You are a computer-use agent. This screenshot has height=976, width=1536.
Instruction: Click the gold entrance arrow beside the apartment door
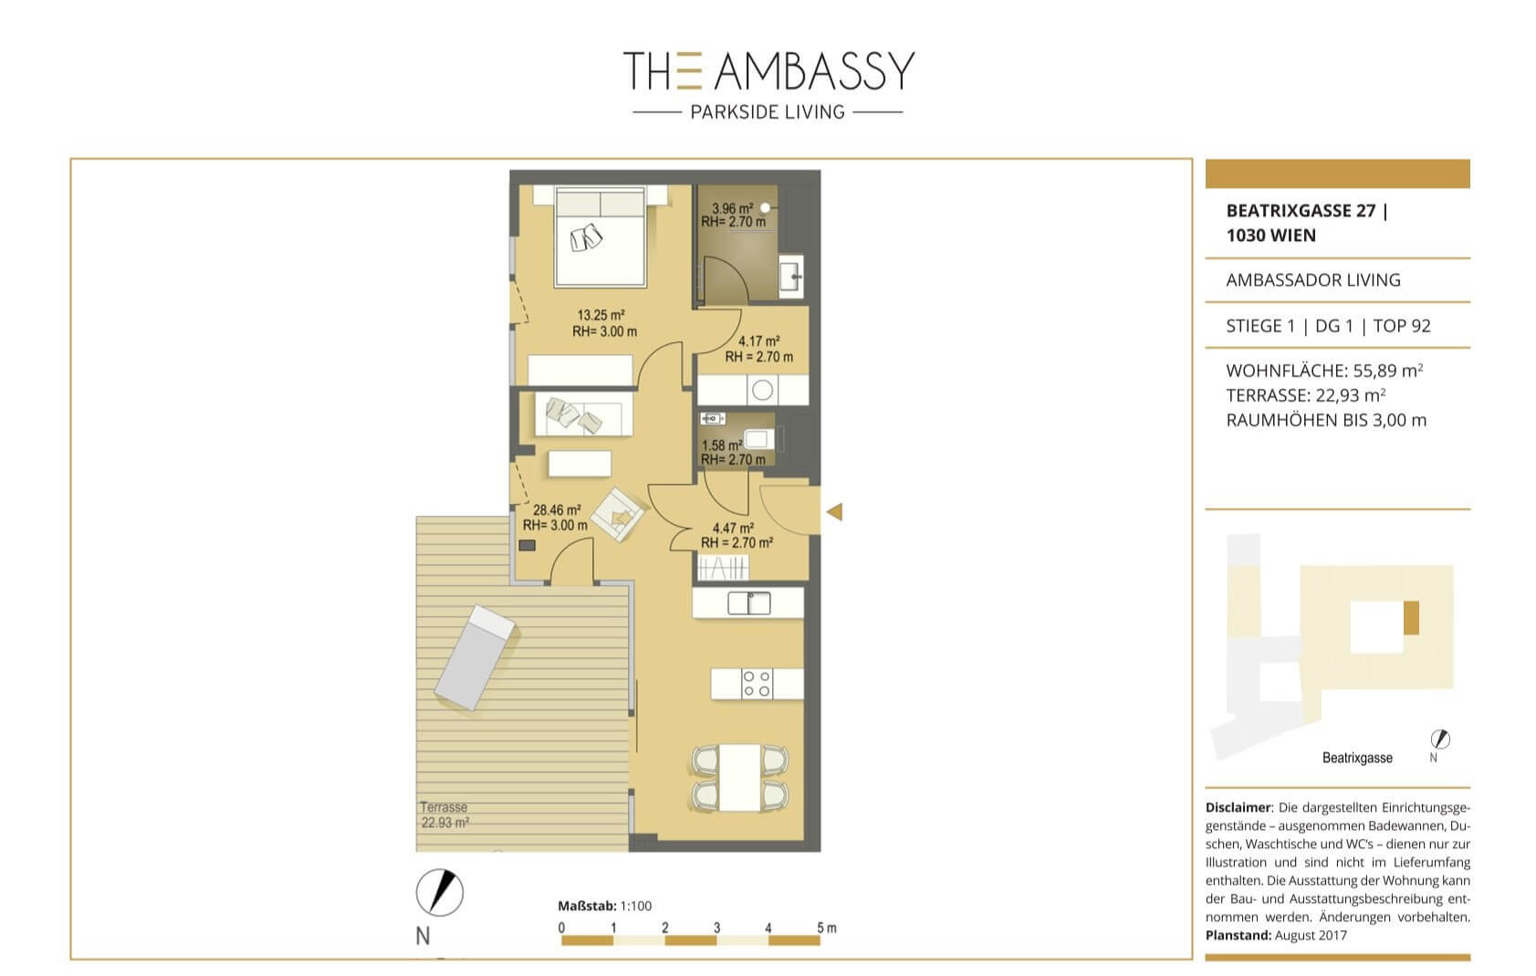point(835,511)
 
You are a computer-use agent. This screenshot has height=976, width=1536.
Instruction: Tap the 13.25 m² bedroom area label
point(604,323)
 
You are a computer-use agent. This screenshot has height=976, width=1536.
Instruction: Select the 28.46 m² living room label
point(556,518)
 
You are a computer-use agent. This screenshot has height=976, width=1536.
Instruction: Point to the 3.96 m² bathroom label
point(733,215)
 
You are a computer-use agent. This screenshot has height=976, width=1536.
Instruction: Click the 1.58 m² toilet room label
point(733,452)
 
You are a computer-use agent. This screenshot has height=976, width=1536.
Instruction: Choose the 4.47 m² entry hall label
point(737,535)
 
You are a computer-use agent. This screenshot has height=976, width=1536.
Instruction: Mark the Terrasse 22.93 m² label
point(444,814)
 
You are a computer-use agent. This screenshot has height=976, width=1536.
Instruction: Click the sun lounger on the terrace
point(475,657)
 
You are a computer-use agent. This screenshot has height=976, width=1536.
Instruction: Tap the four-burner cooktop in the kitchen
point(757,684)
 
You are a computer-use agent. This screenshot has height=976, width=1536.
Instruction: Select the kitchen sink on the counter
point(748,603)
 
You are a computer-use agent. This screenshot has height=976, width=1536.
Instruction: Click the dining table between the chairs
point(740,778)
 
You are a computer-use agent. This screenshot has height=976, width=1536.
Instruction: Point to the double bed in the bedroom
point(600,236)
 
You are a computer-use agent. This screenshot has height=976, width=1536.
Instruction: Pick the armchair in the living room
point(618,514)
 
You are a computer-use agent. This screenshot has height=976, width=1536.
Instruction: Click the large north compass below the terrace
point(440,892)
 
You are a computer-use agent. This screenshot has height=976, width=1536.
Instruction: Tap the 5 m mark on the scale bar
point(826,928)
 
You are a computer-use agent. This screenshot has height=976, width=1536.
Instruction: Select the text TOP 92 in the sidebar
point(1402,326)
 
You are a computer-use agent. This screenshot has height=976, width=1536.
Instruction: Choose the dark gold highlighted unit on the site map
point(1411,618)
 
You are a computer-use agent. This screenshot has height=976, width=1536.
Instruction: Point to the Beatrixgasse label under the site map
point(1357,758)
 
